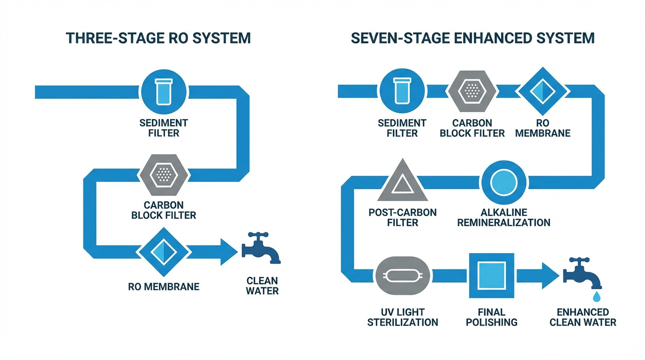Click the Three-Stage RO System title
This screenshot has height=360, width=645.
(158, 38)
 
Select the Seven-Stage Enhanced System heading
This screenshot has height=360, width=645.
(472, 38)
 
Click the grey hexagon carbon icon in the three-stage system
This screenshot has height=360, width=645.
(164, 175)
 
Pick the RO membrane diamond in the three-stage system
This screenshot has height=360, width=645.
(164, 252)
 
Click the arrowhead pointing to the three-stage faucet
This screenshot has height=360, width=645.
(228, 252)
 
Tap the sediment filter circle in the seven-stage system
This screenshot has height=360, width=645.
(402, 90)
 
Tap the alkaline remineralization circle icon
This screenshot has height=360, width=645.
(504, 182)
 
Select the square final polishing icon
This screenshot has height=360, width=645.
(492, 276)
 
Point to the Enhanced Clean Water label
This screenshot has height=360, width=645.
(583, 317)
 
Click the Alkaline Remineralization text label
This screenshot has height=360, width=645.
(503, 217)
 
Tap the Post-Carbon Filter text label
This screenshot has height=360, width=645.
(403, 217)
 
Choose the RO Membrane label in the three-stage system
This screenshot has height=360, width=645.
(164, 286)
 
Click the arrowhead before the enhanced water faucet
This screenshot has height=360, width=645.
(549, 276)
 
